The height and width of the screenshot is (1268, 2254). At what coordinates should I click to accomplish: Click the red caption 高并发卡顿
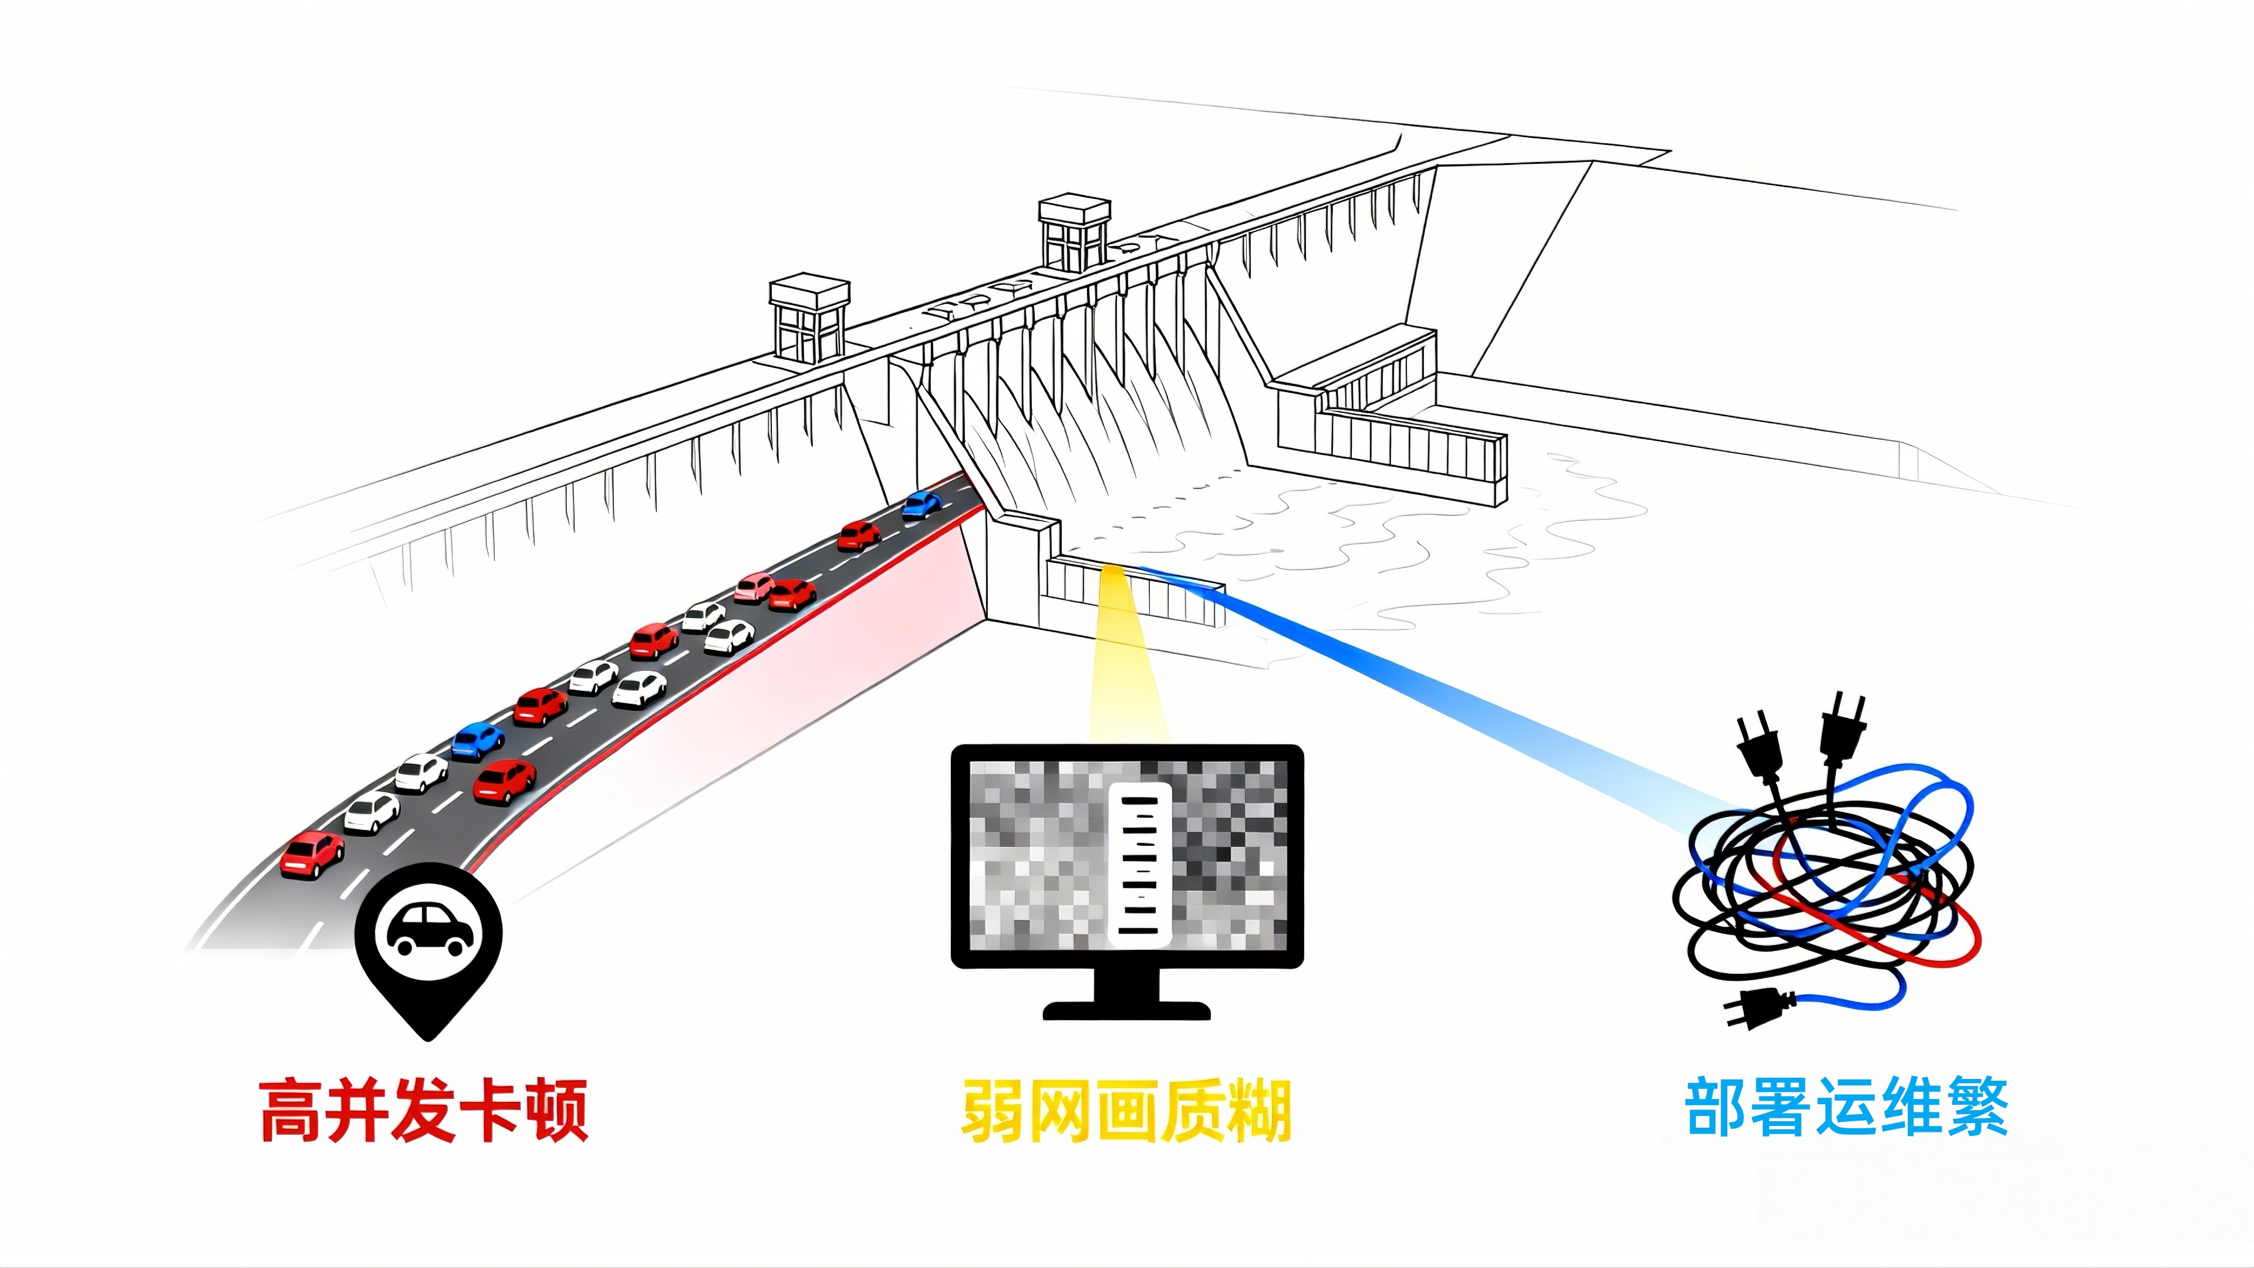(423, 1109)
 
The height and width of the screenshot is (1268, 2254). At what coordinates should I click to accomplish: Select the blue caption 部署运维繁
(1846, 1107)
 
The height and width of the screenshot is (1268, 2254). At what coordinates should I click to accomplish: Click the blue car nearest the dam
(922, 505)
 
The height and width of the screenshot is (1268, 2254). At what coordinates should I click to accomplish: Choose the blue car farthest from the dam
(477, 740)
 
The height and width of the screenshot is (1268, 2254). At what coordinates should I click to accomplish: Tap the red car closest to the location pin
(312, 853)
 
